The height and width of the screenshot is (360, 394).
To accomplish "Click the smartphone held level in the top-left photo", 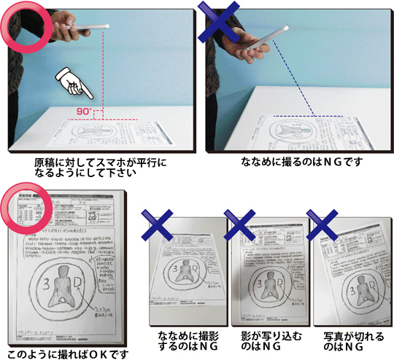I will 86,28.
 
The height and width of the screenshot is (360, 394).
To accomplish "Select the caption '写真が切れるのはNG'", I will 344,342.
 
